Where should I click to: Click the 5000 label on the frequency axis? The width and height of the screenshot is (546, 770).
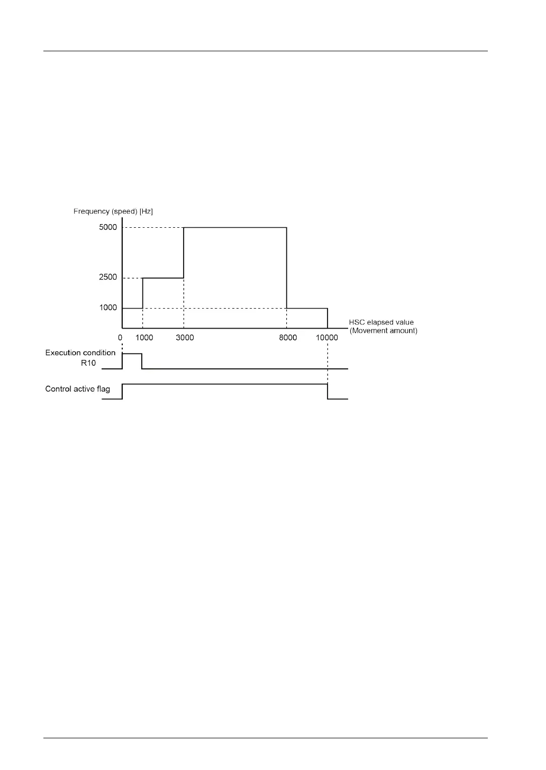tap(108, 227)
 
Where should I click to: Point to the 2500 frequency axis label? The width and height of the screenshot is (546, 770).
tap(108, 277)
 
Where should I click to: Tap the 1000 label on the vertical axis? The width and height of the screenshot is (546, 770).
tap(108, 308)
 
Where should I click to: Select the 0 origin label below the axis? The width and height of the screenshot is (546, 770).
tap(120, 338)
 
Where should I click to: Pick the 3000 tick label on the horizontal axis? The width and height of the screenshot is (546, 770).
tap(185, 338)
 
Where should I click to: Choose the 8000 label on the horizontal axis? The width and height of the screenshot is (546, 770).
tap(288, 338)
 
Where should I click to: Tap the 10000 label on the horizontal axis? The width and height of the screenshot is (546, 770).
tap(327, 338)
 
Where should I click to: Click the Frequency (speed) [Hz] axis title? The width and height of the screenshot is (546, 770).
tap(113, 211)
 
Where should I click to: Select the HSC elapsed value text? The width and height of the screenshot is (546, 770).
tap(381, 322)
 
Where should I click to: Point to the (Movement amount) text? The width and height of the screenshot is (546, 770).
tap(383, 331)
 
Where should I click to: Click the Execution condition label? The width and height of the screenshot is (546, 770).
tap(80, 352)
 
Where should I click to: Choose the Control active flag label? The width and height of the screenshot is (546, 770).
tap(78, 389)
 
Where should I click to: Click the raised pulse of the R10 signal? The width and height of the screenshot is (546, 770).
tap(132, 354)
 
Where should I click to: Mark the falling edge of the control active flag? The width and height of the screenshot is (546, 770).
tap(327, 392)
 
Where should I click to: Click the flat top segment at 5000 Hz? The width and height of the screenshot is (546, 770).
tap(235, 228)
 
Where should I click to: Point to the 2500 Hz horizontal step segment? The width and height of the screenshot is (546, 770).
tap(163, 278)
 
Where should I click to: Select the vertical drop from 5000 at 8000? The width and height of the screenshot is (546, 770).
tap(287, 267)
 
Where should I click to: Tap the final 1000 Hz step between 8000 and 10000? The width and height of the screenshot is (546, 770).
tap(307, 308)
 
